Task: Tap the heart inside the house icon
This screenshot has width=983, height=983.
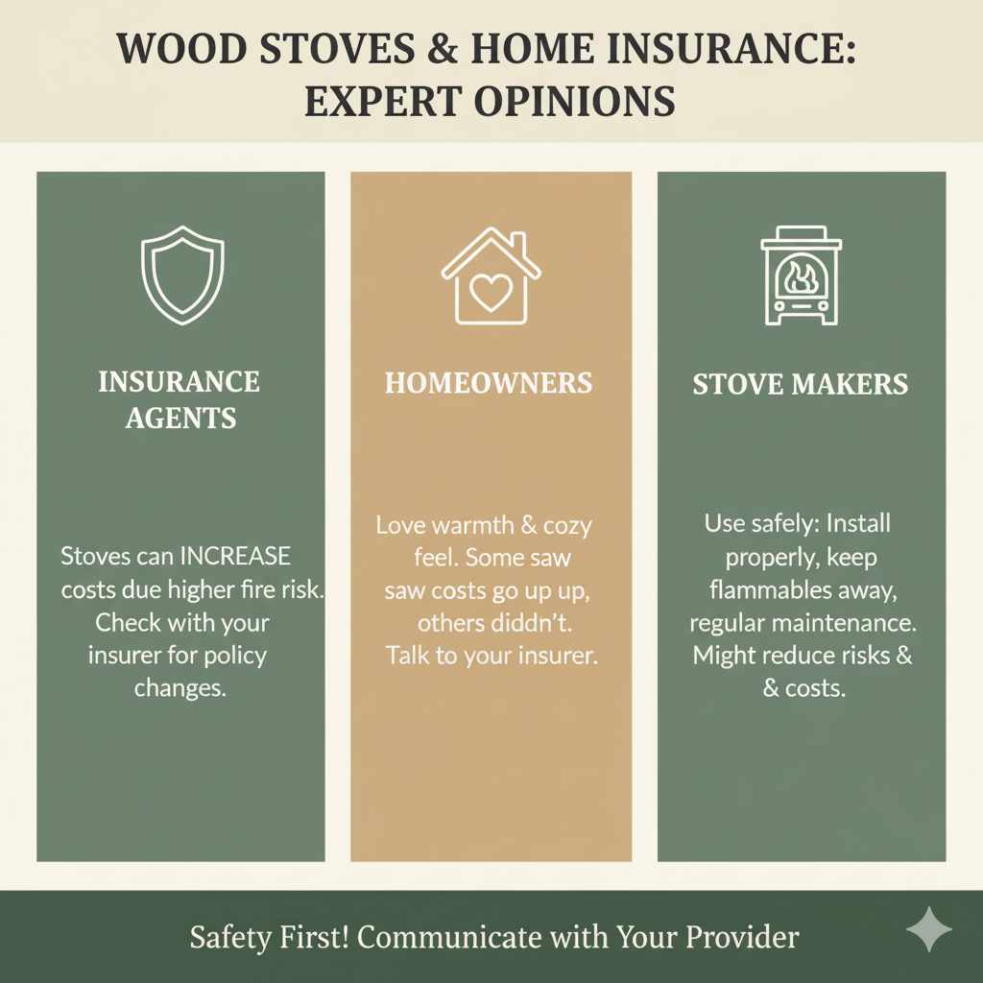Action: [491, 292]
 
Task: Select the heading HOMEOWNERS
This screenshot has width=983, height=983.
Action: [489, 383]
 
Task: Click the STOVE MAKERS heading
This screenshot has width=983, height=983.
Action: [801, 384]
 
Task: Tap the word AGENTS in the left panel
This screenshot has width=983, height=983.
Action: [180, 419]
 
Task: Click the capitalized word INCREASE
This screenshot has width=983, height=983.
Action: [235, 556]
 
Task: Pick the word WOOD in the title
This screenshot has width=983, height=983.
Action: [181, 49]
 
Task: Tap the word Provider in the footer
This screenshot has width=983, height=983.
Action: [742, 937]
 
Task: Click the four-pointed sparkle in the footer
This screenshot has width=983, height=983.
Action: [928, 929]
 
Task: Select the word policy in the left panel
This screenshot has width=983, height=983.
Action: [236, 656]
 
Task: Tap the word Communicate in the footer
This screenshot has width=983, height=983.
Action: [449, 937]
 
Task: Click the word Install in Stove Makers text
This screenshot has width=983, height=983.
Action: [858, 523]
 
